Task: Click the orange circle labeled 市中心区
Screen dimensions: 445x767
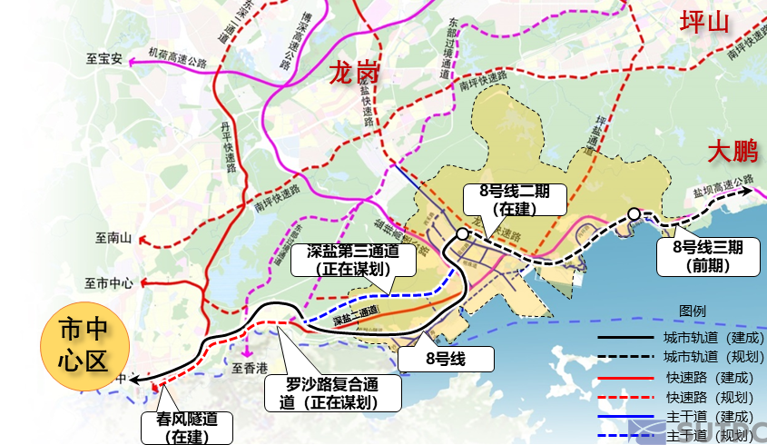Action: (x=83, y=345)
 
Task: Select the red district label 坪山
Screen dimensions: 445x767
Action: (x=704, y=23)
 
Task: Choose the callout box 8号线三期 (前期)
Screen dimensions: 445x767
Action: (x=708, y=254)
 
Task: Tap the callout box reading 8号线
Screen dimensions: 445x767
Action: (x=446, y=358)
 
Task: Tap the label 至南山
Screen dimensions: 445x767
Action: (x=113, y=239)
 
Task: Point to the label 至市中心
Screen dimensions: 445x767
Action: (x=109, y=282)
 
